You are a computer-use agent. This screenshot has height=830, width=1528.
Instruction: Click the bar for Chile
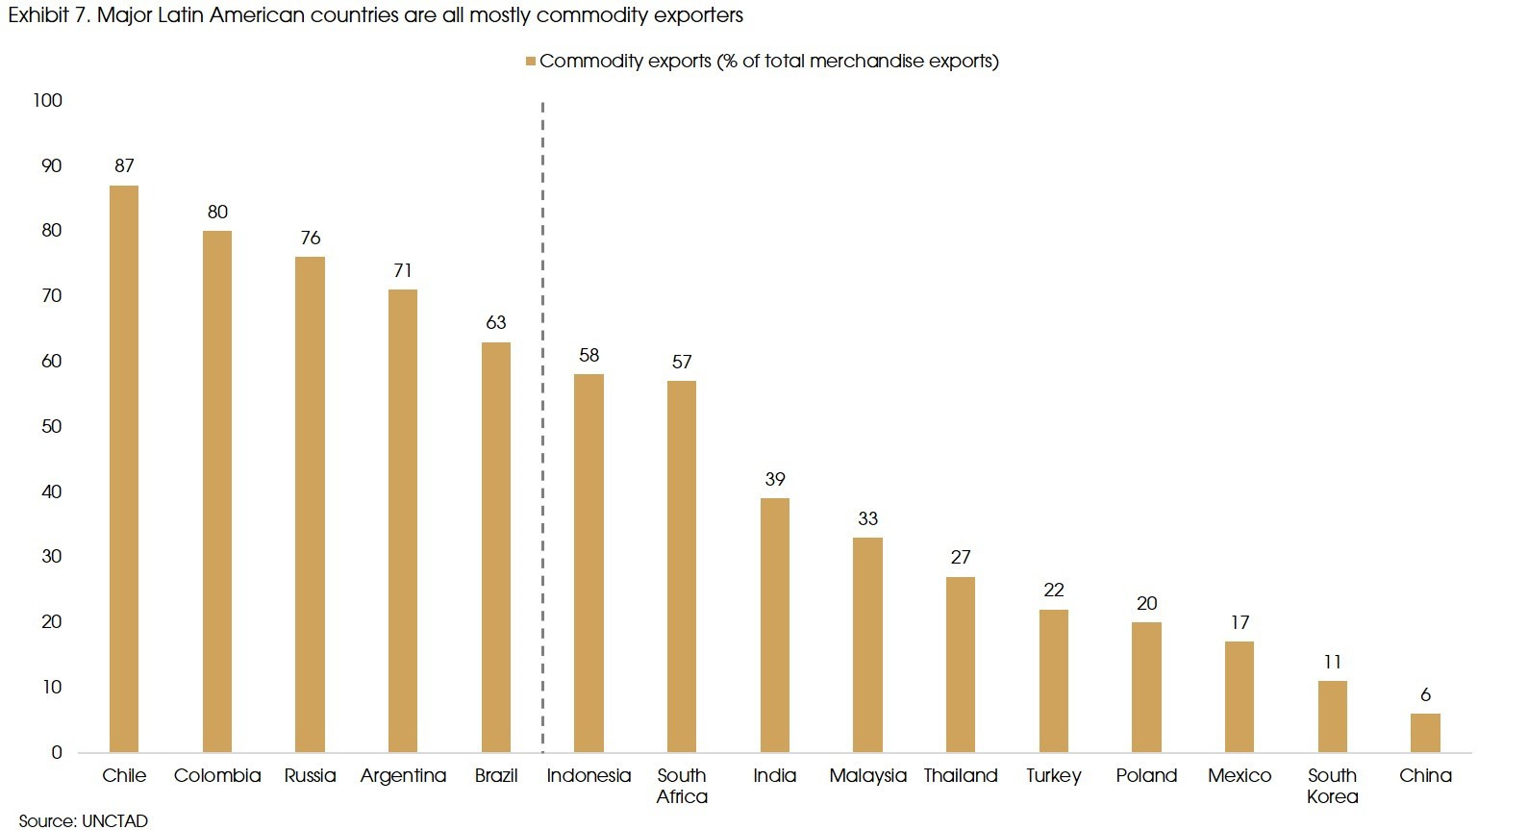pyautogui.click(x=124, y=468)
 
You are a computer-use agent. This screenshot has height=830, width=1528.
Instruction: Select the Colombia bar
pyautogui.click(x=217, y=491)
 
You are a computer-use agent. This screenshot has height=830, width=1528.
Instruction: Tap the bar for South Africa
pyautogui.click(x=682, y=566)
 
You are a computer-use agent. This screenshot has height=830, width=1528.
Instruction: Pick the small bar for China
pyautogui.click(x=1425, y=733)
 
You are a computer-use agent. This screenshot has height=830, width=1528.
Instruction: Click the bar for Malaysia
pyautogui.click(x=867, y=644)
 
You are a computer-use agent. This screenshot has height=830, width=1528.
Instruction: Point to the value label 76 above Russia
pyautogui.click(x=311, y=238)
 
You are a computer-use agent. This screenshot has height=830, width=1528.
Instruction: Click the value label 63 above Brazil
pyautogui.click(x=496, y=322)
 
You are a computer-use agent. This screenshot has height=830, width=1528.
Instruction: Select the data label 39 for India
pyautogui.click(x=775, y=479)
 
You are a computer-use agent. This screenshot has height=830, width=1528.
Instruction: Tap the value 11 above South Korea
pyautogui.click(x=1332, y=662)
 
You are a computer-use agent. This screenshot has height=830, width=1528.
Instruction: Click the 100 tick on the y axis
pyautogui.click(x=47, y=100)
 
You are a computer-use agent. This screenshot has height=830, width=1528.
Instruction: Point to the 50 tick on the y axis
pyautogui.click(x=52, y=426)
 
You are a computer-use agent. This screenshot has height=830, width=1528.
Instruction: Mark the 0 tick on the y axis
pyautogui.click(x=57, y=752)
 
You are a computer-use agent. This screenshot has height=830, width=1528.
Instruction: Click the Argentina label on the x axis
pyautogui.click(x=403, y=775)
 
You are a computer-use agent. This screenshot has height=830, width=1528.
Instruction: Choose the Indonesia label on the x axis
pyautogui.click(x=589, y=775)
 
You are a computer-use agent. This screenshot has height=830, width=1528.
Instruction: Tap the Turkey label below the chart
pyautogui.click(x=1053, y=775)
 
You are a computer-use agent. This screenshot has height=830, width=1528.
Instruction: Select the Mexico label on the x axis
pyautogui.click(x=1240, y=775)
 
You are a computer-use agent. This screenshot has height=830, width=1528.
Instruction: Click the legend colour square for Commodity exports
pyautogui.click(x=530, y=62)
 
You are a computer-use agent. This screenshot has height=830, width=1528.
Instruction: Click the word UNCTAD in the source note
pyautogui.click(x=114, y=820)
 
